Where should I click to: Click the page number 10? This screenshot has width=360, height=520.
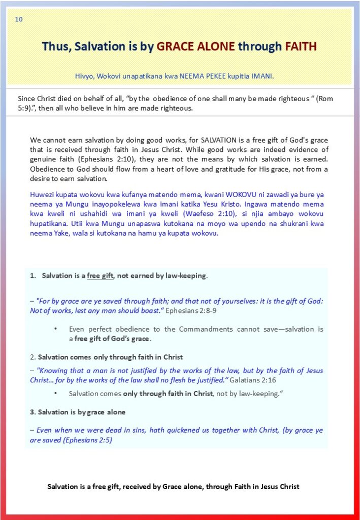point(19,19)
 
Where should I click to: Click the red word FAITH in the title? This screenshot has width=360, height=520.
point(301,47)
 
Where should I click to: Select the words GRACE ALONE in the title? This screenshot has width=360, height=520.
point(196,47)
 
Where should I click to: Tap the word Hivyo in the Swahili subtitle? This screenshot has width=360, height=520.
point(83,77)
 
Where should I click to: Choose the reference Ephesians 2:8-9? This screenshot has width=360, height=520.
point(195,310)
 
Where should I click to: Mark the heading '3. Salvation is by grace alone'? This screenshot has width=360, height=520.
point(78,412)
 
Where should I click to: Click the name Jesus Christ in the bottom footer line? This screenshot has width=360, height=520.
point(279,486)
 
